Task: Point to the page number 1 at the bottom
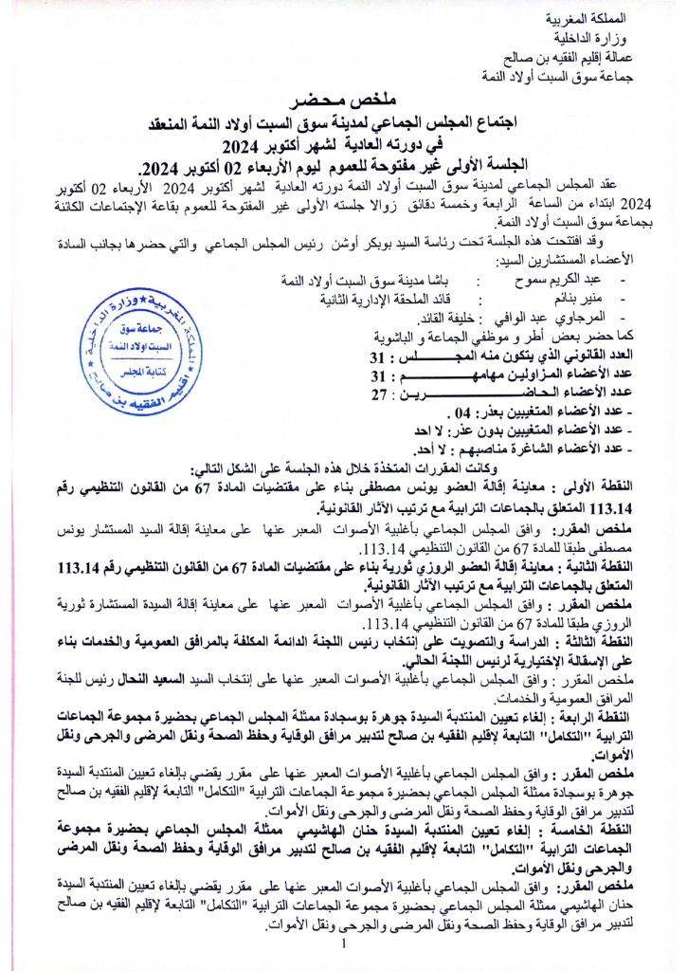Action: (x=344, y=945)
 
